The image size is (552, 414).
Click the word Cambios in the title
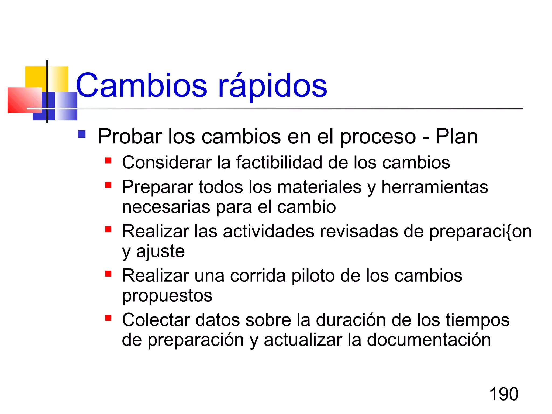[x=142, y=85]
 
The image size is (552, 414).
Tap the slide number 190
[x=503, y=394]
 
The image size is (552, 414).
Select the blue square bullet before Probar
[x=82, y=134]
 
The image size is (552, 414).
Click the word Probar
[x=130, y=136]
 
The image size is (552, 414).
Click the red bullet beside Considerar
[x=108, y=161]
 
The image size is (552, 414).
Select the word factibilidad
[x=279, y=163]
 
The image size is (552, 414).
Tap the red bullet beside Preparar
[x=108, y=185]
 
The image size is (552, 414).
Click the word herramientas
[x=434, y=187]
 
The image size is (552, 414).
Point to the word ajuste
[x=160, y=251]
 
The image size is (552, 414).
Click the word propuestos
[x=167, y=296]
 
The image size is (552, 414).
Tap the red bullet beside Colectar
[x=108, y=318]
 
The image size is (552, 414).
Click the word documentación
[x=429, y=340]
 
